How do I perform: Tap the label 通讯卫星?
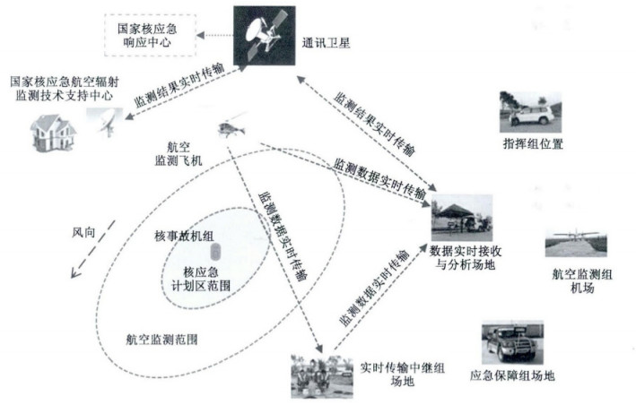pos(327,41)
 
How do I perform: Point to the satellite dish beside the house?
pos(106,120)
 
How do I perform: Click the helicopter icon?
pos(231,126)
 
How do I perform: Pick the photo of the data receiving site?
pos(461,218)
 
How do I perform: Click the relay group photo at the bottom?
pos(319,375)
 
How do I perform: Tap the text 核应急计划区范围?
pos(203,279)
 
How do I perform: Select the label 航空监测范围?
pos(162,340)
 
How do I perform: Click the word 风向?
pos(83,231)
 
